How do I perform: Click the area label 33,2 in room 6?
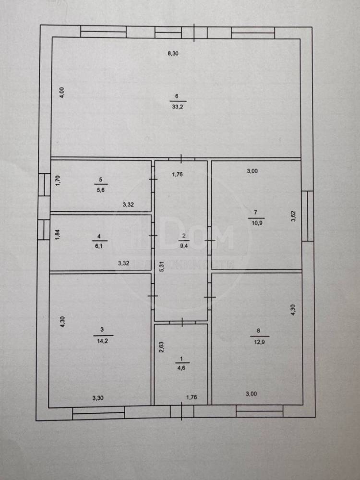pos(178,107)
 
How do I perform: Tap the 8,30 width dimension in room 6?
pos(173,54)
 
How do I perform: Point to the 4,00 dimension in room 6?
pos(62,93)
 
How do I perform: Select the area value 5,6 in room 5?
pos(101,190)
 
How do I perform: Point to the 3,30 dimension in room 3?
pos(98,398)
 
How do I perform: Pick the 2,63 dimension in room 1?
pos(161,347)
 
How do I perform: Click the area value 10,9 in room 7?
pos(256,223)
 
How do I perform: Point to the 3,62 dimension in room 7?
pos(293,216)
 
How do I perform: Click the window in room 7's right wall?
pos(307,216)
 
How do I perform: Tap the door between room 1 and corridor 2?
pos(181,323)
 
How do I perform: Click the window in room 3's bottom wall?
pos(98,413)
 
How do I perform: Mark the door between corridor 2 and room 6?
pos(181,159)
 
